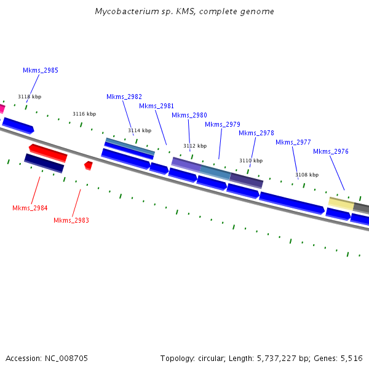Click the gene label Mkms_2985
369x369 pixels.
[x=41, y=70]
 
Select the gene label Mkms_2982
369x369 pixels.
[x=124, y=97]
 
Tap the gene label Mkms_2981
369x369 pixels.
[x=156, y=106]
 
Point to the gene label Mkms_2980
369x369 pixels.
[x=189, y=115]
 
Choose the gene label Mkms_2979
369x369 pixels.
[x=223, y=124]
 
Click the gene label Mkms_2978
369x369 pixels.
[x=256, y=133]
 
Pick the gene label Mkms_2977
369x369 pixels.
[x=293, y=142]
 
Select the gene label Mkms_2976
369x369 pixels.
[x=331, y=151]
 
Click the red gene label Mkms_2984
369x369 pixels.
[x=30, y=208]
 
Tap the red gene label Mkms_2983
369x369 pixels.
[x=71, y=220]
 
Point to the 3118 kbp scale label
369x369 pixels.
[x=30, y=97]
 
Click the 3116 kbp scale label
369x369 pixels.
[x=84, y=114]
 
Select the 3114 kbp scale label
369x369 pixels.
[x=140, y=130]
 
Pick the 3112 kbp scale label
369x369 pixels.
[x=195, y=146]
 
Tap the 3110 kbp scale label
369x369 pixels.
[x=251, y=161]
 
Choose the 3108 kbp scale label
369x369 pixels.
[x=307, y=175]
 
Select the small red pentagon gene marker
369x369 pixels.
[x=89, y=165]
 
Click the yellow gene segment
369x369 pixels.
[x=341, y=203]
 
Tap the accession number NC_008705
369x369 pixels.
[x=67, y=358]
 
